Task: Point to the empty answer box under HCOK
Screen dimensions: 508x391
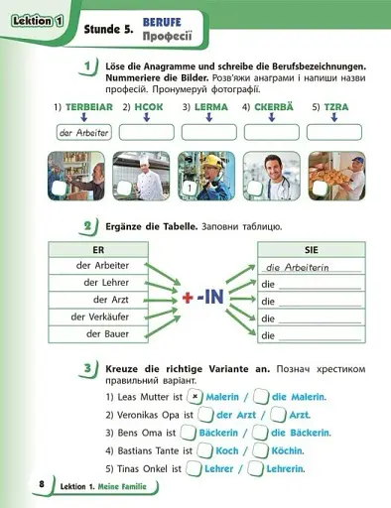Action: coord(146,133)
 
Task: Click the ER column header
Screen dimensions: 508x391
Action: coord(97,250)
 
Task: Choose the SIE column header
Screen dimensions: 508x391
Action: coord(312,250)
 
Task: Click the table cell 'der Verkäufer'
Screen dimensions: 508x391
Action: coord(97,317)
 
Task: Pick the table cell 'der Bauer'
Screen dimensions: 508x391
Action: coord(97,334)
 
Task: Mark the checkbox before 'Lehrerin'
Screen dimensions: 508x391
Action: coord(249,469)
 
